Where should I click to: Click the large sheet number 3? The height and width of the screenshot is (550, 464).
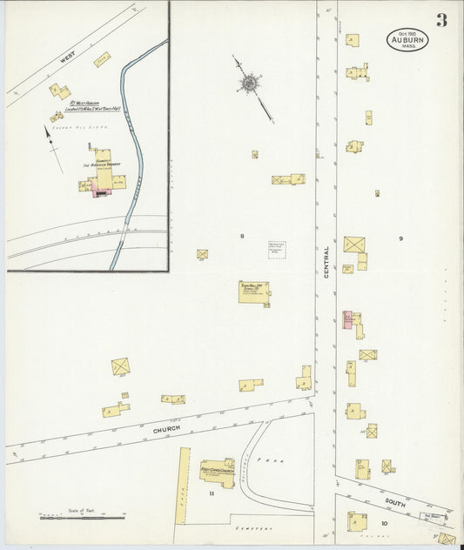click(x=441, y=20)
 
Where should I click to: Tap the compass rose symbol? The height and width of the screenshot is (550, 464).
click(x=248, y=84)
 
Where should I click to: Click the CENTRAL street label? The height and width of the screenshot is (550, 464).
click(x=326, y=261)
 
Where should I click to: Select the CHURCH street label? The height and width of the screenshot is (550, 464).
click(x=166, y=429)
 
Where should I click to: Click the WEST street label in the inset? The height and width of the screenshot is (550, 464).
click(x=68, y=58)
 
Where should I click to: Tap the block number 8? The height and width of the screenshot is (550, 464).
click(x=242, y=236)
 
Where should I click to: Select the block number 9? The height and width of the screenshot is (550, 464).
click(x=400, y=238)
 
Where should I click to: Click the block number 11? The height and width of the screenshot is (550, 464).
click(x=211, y=493)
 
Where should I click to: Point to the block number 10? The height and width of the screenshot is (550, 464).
click(x=384, y=523)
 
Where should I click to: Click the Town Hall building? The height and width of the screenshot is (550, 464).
click(x=253, y=292)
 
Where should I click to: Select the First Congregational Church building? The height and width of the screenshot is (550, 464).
click(x=217, y=473)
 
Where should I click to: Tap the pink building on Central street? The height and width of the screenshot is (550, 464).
click(x=347, y=319)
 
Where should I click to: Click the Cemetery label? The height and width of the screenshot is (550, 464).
click(x=252, y=528)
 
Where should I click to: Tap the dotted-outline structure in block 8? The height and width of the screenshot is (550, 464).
click(x=277, y=250)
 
